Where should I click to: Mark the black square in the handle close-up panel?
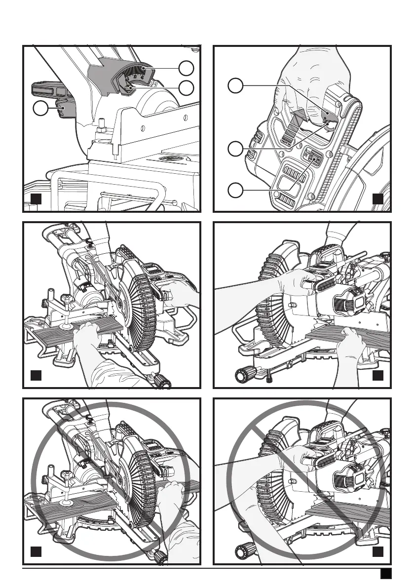pos(377,199)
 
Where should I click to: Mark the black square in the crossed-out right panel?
pos(377,550)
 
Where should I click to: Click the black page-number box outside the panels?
pos(386,574)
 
